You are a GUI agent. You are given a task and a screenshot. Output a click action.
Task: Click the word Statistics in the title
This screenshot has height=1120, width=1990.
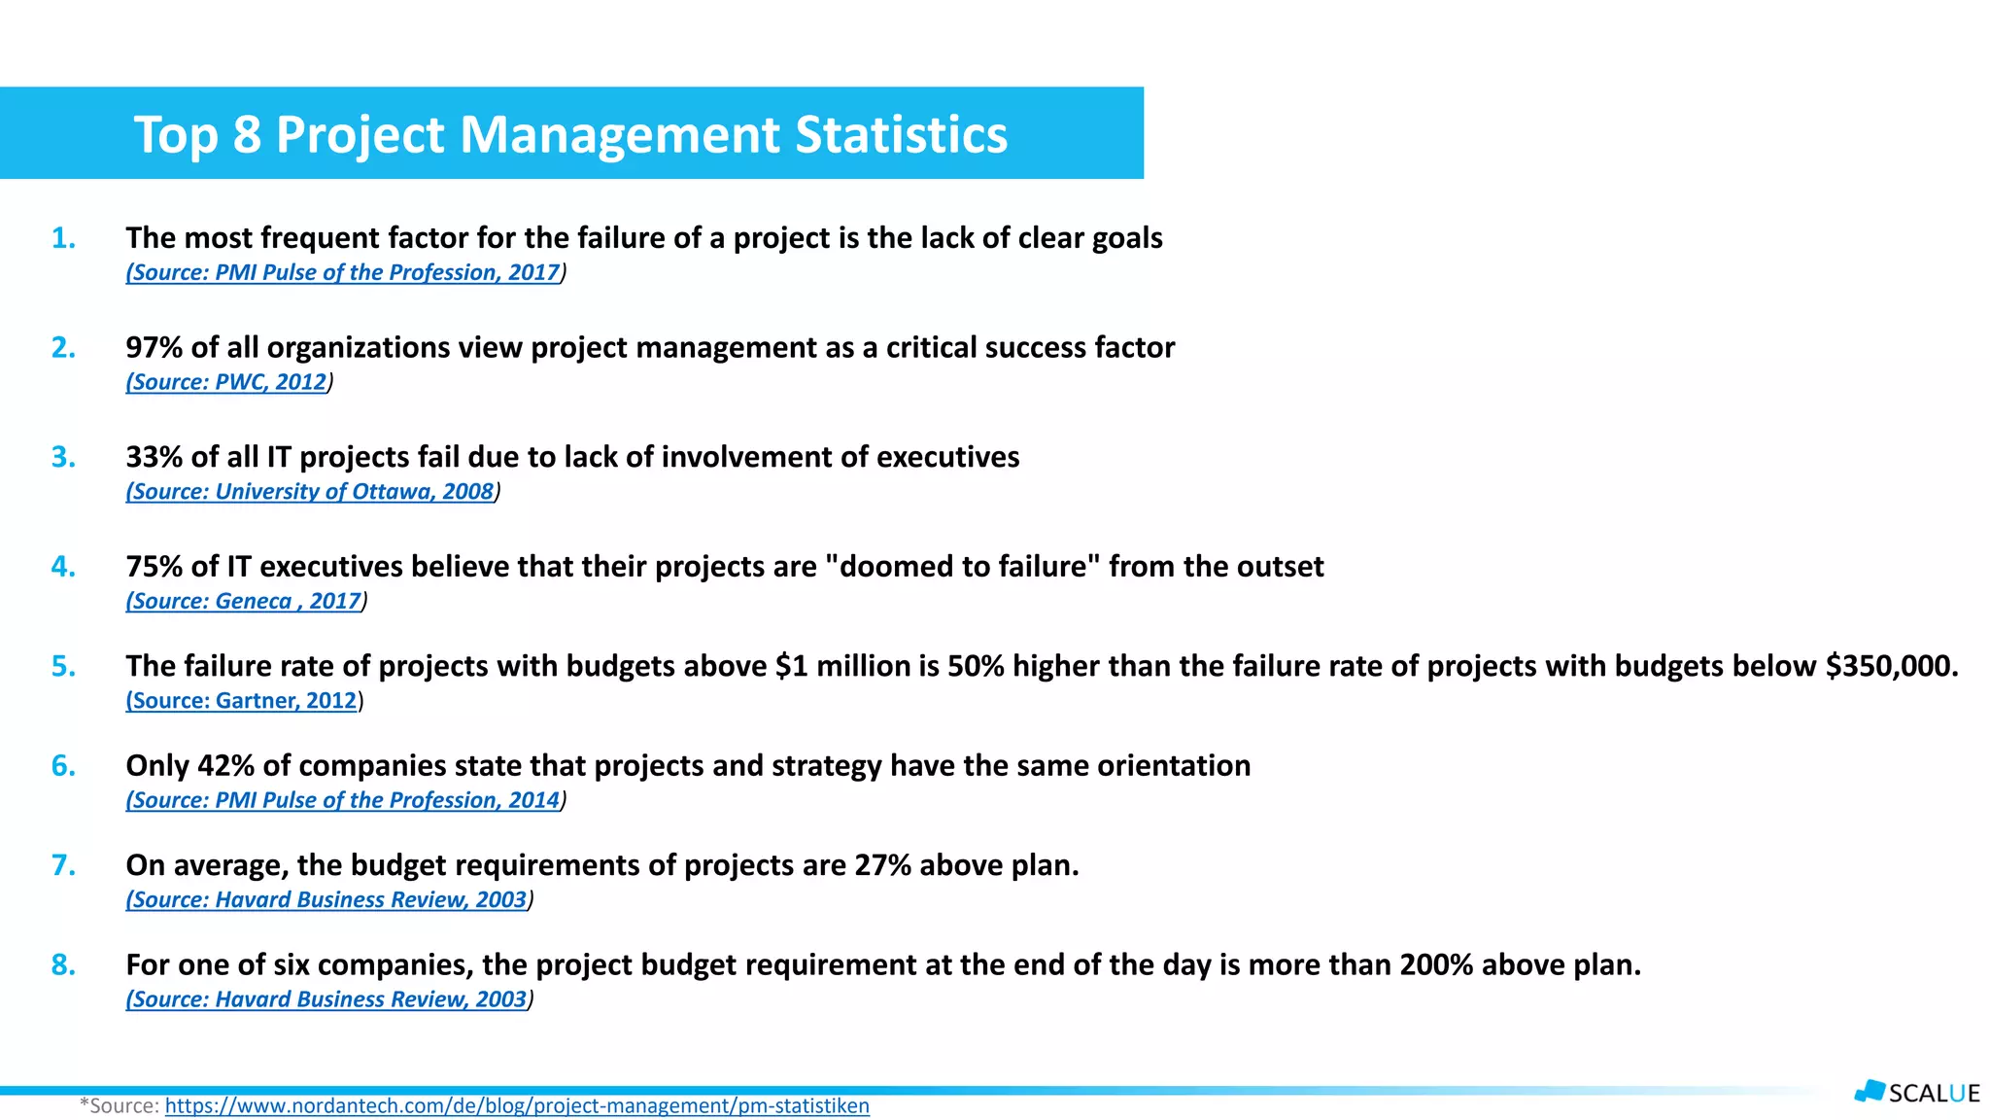coord(901,134)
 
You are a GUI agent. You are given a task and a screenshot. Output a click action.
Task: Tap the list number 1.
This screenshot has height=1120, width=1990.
coord(63,238)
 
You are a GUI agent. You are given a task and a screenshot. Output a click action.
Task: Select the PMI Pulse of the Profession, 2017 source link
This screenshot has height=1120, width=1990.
coord(344,272)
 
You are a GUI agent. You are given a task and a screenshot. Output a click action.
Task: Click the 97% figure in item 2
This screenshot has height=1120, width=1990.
coord(154,348)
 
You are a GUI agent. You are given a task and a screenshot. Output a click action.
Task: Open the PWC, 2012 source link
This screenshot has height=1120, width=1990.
coord(227,382)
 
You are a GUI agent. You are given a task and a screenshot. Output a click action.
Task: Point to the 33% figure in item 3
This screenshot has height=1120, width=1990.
coord(154,457)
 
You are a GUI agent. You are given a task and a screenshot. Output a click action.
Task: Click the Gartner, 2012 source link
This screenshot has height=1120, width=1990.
coord(243,701)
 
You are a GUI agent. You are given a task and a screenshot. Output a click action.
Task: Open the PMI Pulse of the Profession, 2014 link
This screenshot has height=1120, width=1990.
coord(344,800)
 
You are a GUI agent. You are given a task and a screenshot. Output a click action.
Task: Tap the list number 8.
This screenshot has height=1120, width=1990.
coord(63,965)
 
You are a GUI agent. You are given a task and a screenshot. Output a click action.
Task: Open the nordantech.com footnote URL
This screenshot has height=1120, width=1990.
coord(517,1106)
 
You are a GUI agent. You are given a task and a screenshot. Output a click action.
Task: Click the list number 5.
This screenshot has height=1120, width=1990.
coord(63,667)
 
